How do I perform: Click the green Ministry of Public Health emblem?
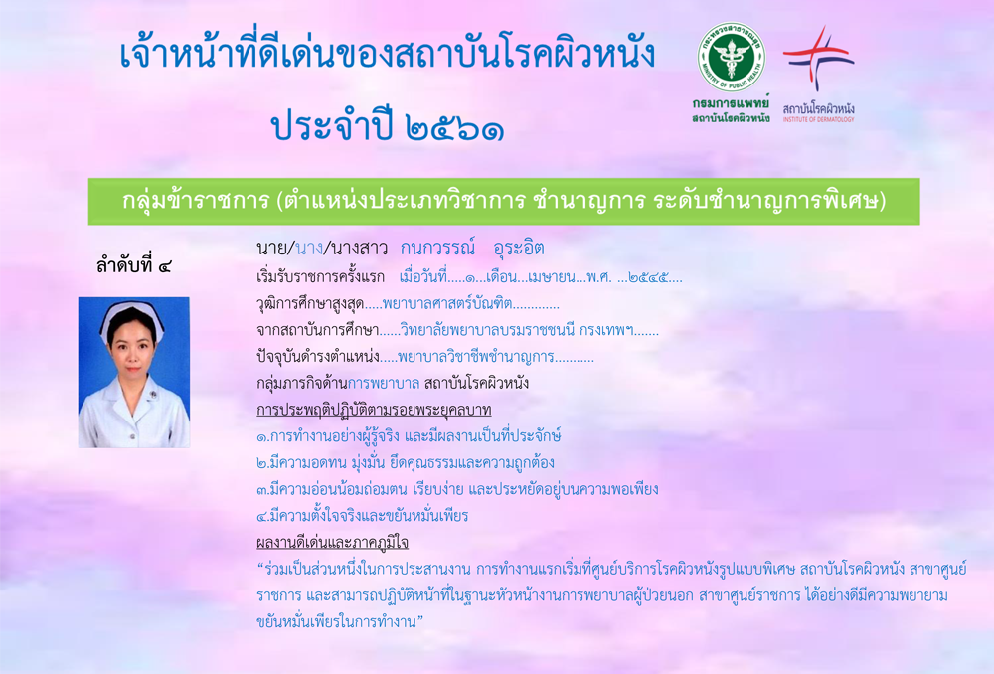(731, 58)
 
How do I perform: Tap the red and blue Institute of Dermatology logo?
(818, 57)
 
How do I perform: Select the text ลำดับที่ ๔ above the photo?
(134, 265)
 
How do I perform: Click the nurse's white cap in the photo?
(132, 316)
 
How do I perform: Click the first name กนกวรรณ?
(438, 248)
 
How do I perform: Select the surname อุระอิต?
(519, 248)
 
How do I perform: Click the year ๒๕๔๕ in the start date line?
(647, 277)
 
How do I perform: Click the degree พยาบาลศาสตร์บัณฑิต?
(447, 304)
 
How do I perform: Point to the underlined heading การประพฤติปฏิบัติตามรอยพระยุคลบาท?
(374, 411)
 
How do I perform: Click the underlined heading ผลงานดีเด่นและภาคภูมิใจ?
(332, 543)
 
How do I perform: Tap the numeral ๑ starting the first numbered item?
(262, 437)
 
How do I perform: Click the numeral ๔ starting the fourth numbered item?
(262, 517)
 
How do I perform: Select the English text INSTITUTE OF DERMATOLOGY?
(818, 119)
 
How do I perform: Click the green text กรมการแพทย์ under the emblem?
(731, 103)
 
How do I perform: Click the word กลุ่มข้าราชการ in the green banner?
(196, 201)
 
